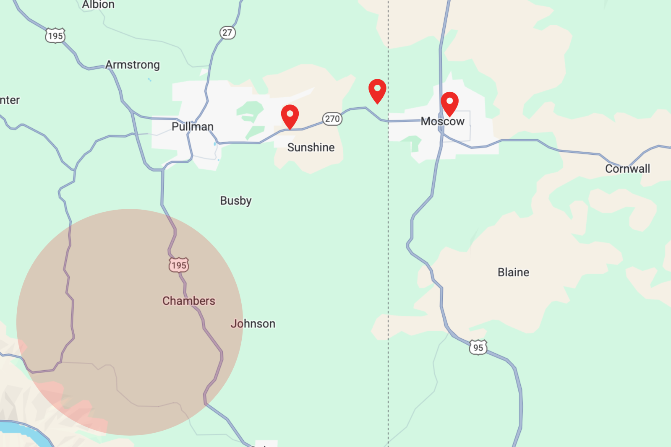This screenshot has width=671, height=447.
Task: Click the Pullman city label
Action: coord(193,127)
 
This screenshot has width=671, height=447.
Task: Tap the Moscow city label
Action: coord(442,122)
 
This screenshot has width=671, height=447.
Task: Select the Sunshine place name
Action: coord(311,148)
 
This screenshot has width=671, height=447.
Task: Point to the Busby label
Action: coord(236,201)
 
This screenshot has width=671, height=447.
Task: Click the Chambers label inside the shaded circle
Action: coord(189,301)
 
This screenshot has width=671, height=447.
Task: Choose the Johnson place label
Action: coord(253,324)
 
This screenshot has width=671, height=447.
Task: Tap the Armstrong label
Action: coord(133,65)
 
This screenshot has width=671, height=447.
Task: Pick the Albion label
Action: coord(98,5)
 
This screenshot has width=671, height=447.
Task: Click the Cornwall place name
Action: coord(627,169)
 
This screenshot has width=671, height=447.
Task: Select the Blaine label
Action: coord(513,273)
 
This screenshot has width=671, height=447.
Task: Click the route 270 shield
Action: coord(332,119)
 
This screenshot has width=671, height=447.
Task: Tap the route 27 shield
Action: coord(227,33)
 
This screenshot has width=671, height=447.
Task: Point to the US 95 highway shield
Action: coord(478,348)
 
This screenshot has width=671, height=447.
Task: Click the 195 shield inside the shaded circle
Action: coord(179,265)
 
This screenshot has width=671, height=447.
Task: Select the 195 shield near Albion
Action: coord(55,36)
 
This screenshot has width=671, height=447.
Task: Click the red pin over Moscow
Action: coord(449,103)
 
